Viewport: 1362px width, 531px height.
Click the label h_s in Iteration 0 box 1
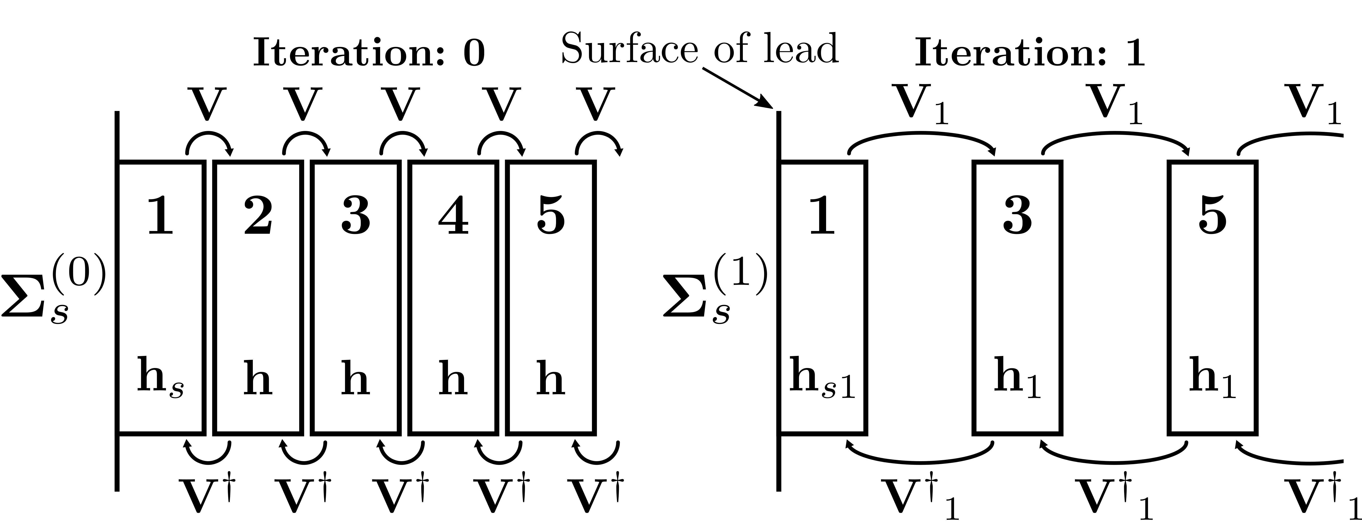pos(160,377)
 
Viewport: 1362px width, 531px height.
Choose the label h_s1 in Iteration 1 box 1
pos(822,377)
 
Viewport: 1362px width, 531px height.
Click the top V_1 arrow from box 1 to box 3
pos(922,139)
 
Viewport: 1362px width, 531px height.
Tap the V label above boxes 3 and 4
pos(400,104)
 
